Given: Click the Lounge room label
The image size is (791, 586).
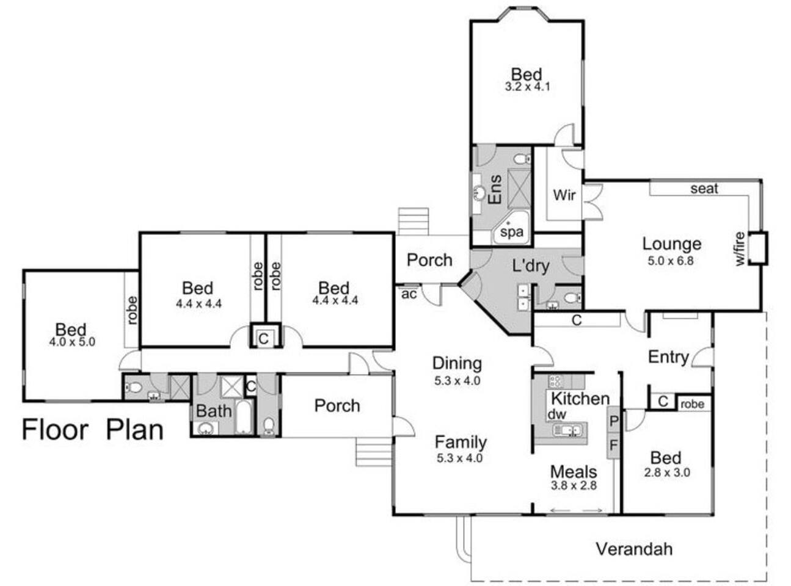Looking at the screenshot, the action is tap(671, 244).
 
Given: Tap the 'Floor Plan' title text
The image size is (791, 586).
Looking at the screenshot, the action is tap(93, 430).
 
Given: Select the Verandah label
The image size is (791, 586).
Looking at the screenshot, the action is tap(635, 549).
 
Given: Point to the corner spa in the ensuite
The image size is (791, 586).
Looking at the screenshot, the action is tap(511, 228).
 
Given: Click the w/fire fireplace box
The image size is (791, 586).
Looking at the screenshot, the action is tap(757, 248).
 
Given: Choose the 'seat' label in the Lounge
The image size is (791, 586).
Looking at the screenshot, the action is tap(704, 189).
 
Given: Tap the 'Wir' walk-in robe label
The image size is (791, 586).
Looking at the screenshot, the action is tap(564, 195).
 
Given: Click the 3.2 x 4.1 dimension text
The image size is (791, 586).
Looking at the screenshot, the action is tap(527, 87).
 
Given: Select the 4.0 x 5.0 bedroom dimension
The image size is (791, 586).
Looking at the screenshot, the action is tap(73, 342).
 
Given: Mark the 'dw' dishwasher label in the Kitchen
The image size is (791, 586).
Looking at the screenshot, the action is tap(556, 414).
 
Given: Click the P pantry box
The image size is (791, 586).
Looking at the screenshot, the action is tap(613, 421).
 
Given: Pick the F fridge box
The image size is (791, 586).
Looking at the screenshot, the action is tap(613, 445).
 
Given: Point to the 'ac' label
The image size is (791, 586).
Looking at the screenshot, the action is tap(409, 294).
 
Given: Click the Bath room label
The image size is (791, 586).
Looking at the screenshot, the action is tap(214, 411).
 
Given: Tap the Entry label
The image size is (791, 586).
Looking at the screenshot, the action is tap(668, 357).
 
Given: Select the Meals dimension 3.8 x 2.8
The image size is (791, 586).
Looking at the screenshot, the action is tap(574, 485).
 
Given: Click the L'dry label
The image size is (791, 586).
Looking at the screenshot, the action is tap(531, 266).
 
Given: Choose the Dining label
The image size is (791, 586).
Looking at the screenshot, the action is tap(457, 363).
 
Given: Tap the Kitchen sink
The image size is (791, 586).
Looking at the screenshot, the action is tap(569, 430).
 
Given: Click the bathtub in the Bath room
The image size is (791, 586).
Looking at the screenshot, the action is tap(244, 418).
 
